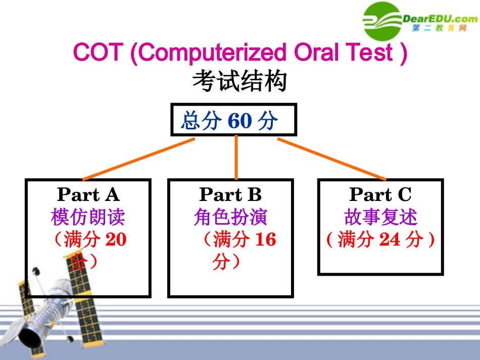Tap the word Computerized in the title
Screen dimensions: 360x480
click(x=209, y=53)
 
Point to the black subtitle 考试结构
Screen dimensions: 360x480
click(x=239, y=81)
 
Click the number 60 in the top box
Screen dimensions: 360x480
click(x=239, y=121)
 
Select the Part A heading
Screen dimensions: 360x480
click(x=88, y=194)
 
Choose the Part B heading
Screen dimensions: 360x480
click(x=230, y=194)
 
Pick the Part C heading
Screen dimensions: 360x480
click(x=380, y=194)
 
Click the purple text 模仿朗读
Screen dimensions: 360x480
click(x=88, y=218)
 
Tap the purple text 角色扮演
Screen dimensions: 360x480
click(x=230, y=218)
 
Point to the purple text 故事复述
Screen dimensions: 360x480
click(x=380, y=218)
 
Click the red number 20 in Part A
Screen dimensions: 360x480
click(x=116, y=239)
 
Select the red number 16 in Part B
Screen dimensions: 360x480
click(x=266, y=239)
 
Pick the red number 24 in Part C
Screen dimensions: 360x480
click(x=390, y=239)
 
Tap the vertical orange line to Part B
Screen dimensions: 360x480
click(x=236, y=158)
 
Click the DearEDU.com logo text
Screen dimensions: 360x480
click(x=439, y=19)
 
